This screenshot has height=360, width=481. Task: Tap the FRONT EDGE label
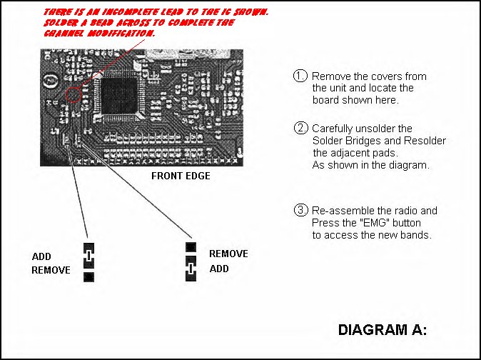(181, 176)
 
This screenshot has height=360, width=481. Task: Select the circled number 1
(300, 76)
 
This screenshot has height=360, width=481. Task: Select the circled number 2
(300, 129)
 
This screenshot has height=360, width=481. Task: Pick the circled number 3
(300, 211)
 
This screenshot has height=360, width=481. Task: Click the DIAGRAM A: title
(382, 330)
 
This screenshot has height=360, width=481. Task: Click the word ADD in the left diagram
(41, 257)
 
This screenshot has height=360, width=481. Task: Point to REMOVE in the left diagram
(51, 271)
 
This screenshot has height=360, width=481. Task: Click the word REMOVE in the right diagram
(228, 254)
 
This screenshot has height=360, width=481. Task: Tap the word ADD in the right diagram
(218, 269)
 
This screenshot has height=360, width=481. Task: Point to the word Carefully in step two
(335, 129)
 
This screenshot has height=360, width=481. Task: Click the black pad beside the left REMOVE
(88, 277)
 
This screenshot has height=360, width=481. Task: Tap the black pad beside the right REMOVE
(191, 247)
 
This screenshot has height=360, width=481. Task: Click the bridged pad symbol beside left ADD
(88, 256)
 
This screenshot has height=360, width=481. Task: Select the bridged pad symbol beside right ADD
(191, 270)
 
